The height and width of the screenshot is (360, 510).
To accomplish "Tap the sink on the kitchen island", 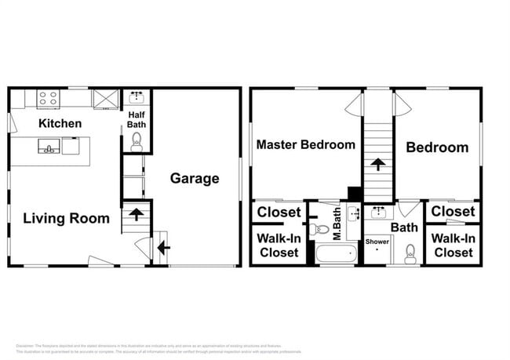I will point(49,147).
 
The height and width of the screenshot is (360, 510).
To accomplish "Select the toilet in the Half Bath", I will point(137,140).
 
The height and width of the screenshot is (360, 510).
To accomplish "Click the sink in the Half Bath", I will point(137,97).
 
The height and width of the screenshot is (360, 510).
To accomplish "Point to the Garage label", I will point(195,178).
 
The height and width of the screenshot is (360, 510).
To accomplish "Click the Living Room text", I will point(66,218).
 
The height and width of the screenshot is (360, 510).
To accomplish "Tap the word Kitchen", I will point(60,123).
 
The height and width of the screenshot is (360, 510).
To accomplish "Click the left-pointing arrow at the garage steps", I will point(162,249).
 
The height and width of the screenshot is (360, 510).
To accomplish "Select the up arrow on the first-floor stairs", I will point(136,213).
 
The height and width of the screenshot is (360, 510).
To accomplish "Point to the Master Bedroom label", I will point(305,144).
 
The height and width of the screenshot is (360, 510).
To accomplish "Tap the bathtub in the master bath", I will point(335,254).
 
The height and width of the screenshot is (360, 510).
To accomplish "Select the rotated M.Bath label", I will point(337,223).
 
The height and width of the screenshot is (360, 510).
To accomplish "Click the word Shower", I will point(377,241).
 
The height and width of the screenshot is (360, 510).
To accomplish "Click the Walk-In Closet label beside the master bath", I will point(279,245).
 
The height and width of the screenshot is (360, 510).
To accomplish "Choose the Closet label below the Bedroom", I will point(453,211).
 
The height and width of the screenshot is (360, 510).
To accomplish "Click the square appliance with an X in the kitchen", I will point(104,99).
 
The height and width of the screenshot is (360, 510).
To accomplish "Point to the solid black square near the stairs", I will point(354,193).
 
